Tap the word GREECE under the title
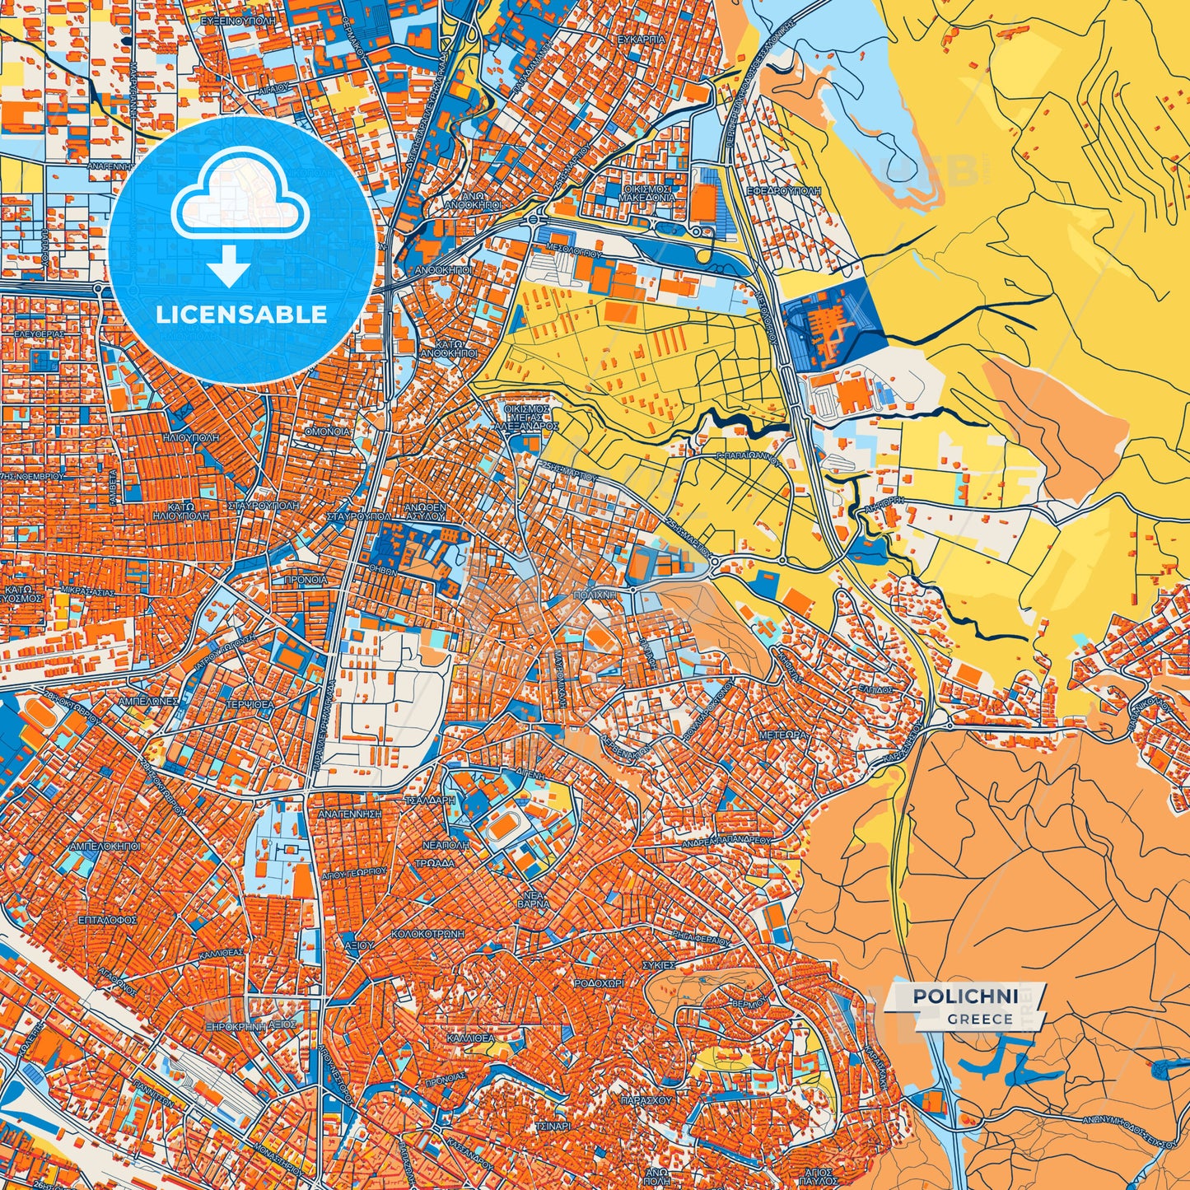click(x=979, y=1019)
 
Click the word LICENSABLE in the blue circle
click(x=241, y=315)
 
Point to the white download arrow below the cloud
click(x=229, y=266)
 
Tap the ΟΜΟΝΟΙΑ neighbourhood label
click(x=327, y=432)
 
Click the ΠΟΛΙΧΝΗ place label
click(x=595, y=594)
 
